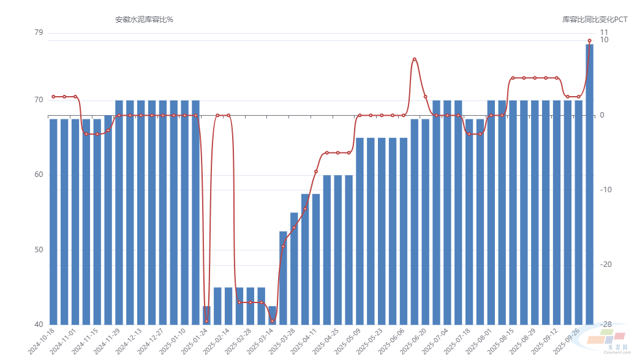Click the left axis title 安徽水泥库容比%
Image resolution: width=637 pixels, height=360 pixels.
(x=144, y=20)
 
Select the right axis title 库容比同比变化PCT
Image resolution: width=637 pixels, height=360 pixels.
(x=595, y=20)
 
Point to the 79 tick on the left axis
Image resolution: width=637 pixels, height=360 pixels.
(x=39, y=32)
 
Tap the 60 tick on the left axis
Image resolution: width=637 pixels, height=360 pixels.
(x=39, y=175)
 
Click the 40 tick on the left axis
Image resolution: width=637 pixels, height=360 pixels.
(x=39, y=324)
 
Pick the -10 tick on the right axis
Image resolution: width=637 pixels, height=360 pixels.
(x=606, y=190)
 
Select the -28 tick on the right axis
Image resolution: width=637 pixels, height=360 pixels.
(x=606, y=324)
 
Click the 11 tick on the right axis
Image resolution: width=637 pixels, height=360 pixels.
(x=604, y=32)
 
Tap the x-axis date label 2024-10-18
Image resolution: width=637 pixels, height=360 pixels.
(x=40, y=340)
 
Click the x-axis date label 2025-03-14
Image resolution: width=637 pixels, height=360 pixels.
(x=260, y=340)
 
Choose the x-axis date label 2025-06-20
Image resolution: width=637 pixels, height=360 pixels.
(x=413, y=340)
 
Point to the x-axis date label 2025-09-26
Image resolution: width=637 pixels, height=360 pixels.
(x=566, y=340)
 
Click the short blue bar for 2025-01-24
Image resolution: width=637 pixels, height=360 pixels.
(x=206, y=315)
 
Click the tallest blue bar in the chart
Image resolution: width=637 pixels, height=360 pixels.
(x=589, y=184)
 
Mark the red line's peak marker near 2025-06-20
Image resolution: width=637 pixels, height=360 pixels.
(x=415, y=59)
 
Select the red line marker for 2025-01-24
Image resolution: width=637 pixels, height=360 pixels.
(x=206, y=321)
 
